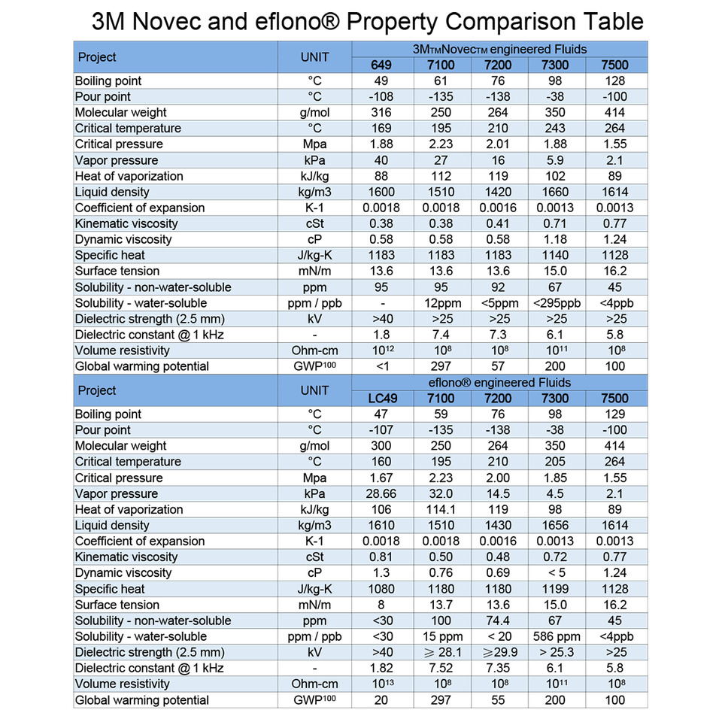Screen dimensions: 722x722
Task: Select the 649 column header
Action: pos(381,65)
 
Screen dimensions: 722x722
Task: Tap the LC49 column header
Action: pos(381,399)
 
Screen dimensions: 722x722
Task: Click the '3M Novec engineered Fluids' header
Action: pos(499,49)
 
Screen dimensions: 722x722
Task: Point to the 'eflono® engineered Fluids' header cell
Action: pos(499,383)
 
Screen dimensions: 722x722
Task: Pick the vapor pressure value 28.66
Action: pos(381,493)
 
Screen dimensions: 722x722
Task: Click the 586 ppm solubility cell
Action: pos(557,636)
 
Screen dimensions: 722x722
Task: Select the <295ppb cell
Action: pos(557,303)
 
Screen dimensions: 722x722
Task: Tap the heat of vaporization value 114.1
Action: pos(441,509)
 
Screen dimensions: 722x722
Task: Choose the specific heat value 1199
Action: pos(557,589)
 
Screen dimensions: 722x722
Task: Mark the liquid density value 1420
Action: pos(498,192)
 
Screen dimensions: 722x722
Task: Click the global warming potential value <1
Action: pos(381,366)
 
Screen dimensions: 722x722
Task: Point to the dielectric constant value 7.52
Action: pos(441,668)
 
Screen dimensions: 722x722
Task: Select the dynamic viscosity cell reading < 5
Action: pos(557,572)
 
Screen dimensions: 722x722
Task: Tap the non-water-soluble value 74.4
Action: pos(498,620)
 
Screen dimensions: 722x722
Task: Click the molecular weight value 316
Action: pos(381,113)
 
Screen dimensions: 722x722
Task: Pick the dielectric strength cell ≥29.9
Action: pos(498,652)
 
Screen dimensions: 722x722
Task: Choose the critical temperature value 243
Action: pos(557,129)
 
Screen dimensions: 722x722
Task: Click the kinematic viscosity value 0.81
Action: pos(381,557)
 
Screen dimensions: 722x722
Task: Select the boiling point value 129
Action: pos(615,414)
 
